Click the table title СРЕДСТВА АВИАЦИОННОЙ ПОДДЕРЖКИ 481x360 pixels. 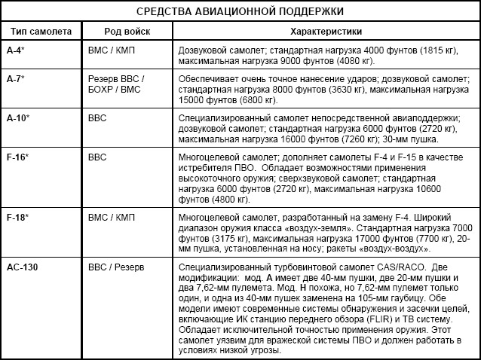(x=240, y=13)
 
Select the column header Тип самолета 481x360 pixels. (x=40, y=34)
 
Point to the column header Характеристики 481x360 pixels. (x=325, y=34)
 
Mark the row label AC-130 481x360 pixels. (x=22, y=267)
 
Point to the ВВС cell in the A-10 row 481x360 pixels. (x=99, y=119)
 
